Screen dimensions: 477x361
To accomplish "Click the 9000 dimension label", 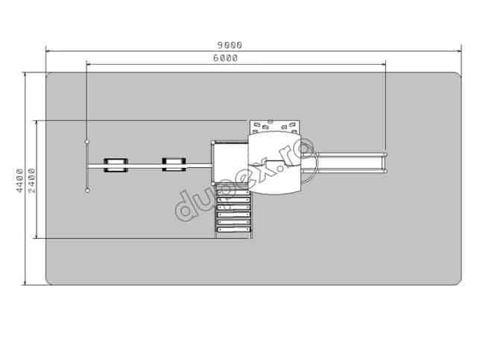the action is (x=230, y=45).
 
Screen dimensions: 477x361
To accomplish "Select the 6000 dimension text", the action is (x=225, y=58).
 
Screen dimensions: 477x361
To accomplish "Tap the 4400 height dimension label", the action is (x=19, y=180).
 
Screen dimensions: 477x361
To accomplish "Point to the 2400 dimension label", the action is (x=31, y=180).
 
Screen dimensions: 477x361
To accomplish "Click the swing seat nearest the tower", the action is (x=174, y=165).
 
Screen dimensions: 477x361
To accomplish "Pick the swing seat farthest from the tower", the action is (x=116, y=165).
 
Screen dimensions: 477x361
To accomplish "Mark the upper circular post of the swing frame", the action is (x=87, y=142).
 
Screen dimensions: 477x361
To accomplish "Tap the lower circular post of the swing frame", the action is (x=87, y=190).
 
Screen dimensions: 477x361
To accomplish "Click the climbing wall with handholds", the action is (x=275, y=127).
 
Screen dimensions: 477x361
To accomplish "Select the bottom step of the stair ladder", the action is (x=233, y=229).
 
